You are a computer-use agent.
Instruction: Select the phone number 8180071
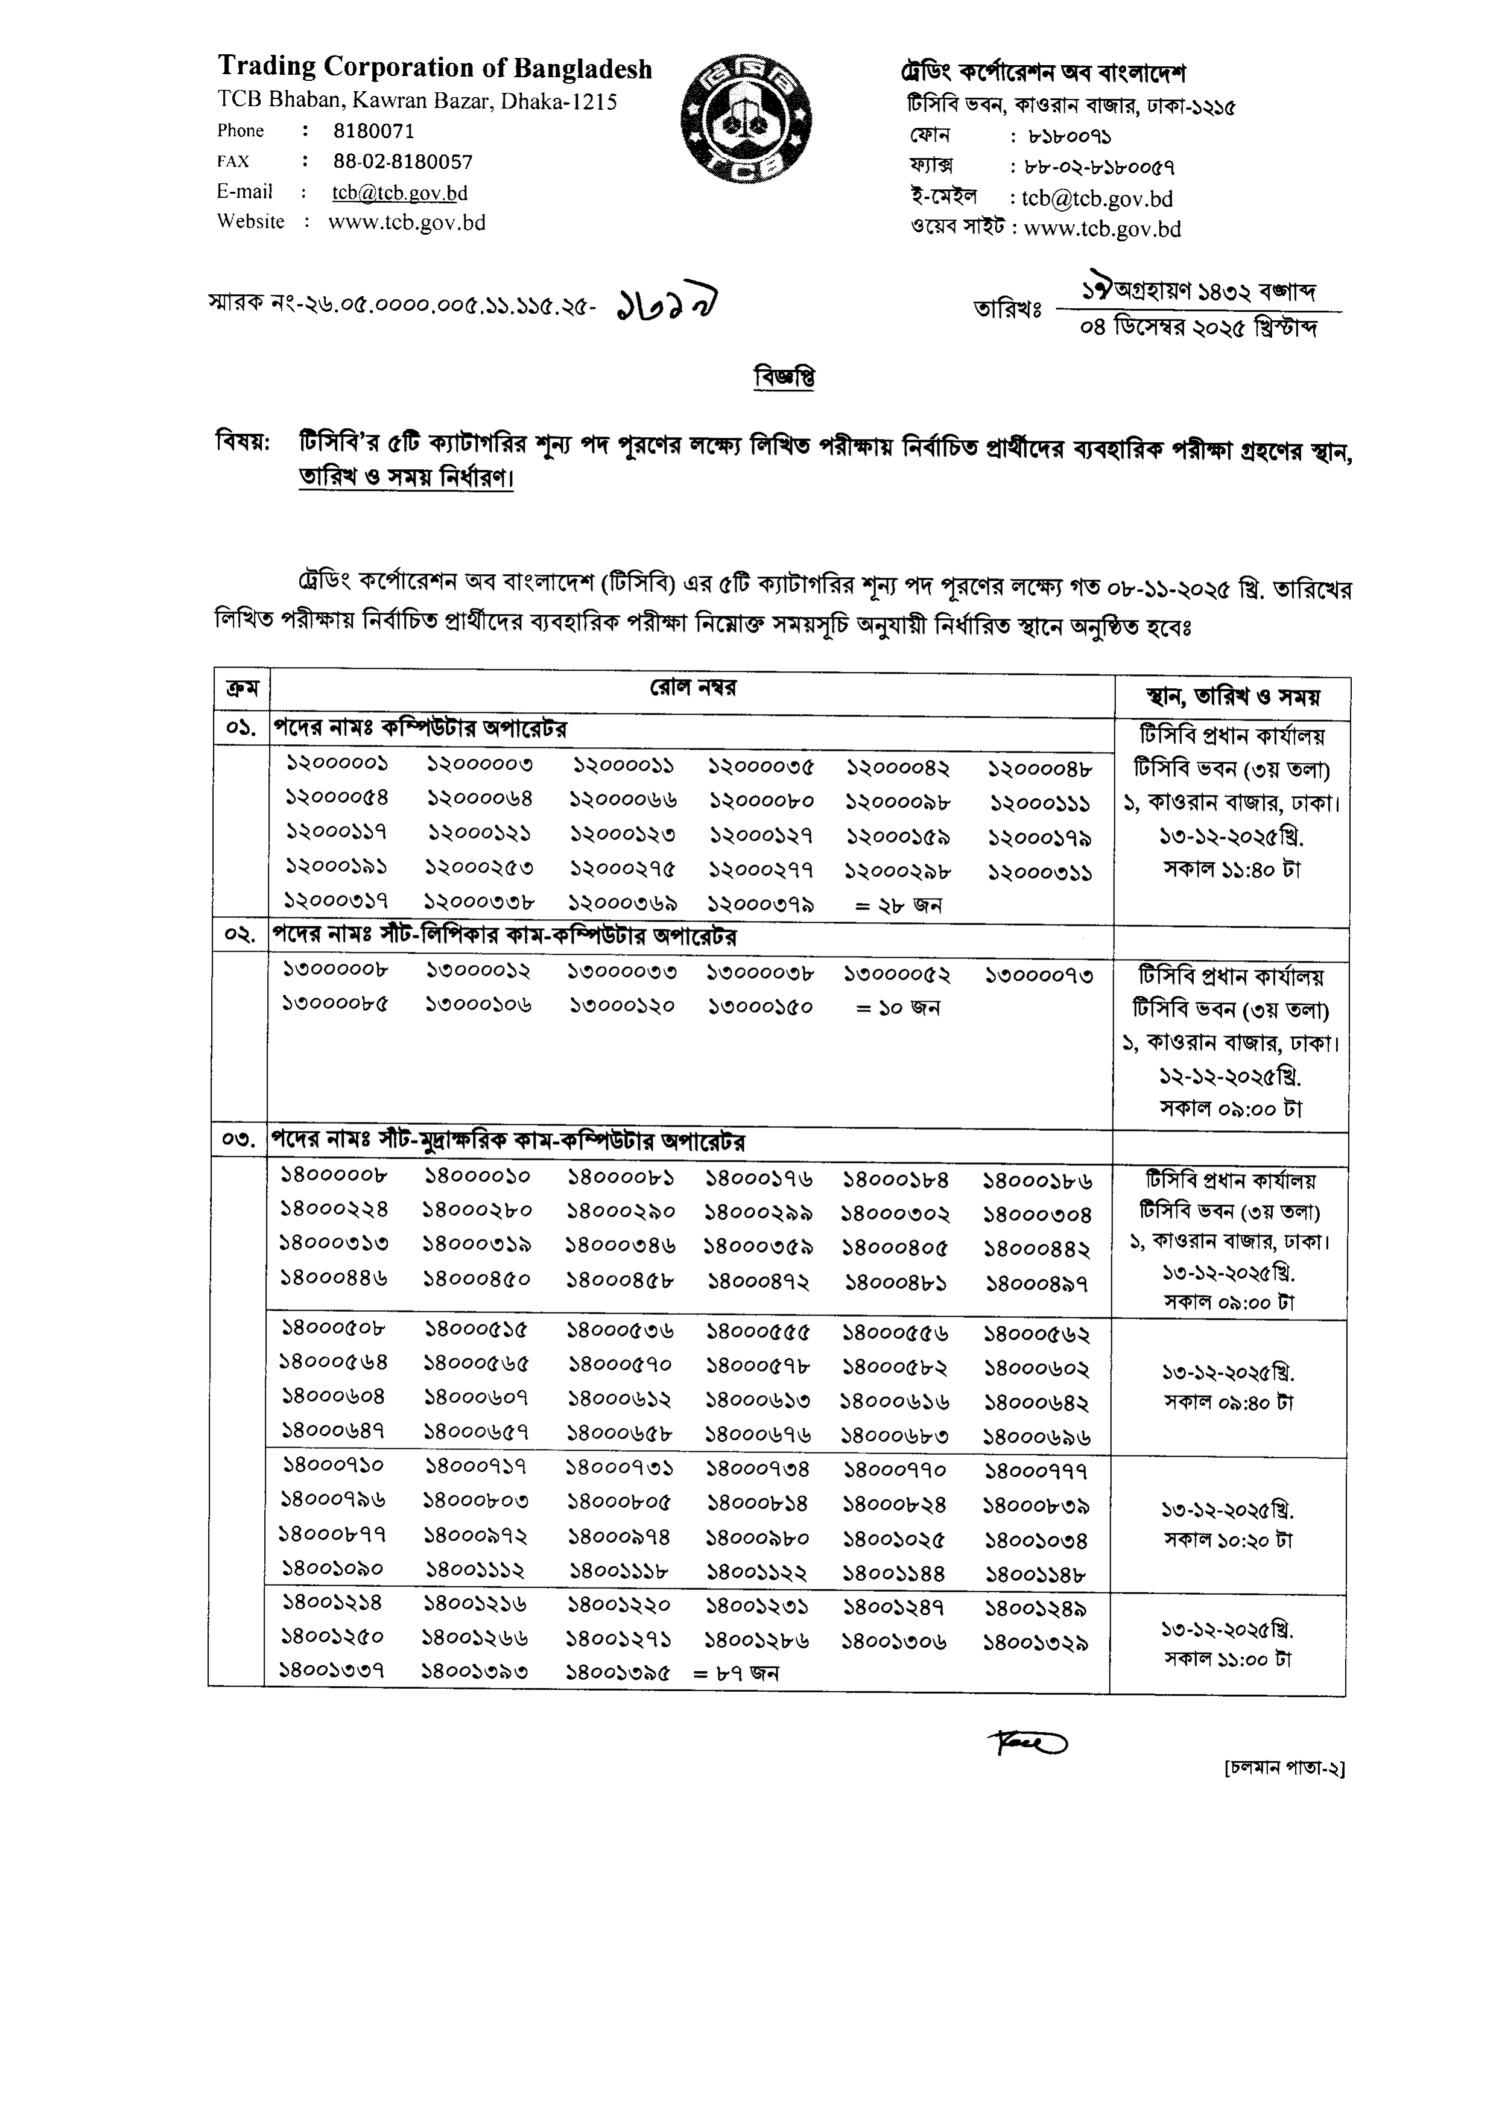coord(374,131)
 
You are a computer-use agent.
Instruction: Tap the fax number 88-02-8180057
coord(402,162)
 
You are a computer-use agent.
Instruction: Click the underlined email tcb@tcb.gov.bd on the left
coord(399,192)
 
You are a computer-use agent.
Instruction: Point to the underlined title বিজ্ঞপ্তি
coord(784,377)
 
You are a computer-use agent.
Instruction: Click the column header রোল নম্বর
coord(693,688)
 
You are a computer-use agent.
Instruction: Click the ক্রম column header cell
coord(241,689)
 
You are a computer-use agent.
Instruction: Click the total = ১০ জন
coord(897,1008)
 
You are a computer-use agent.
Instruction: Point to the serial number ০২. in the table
coord(239,936)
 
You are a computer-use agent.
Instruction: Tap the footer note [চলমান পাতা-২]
coord(1284,1768)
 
